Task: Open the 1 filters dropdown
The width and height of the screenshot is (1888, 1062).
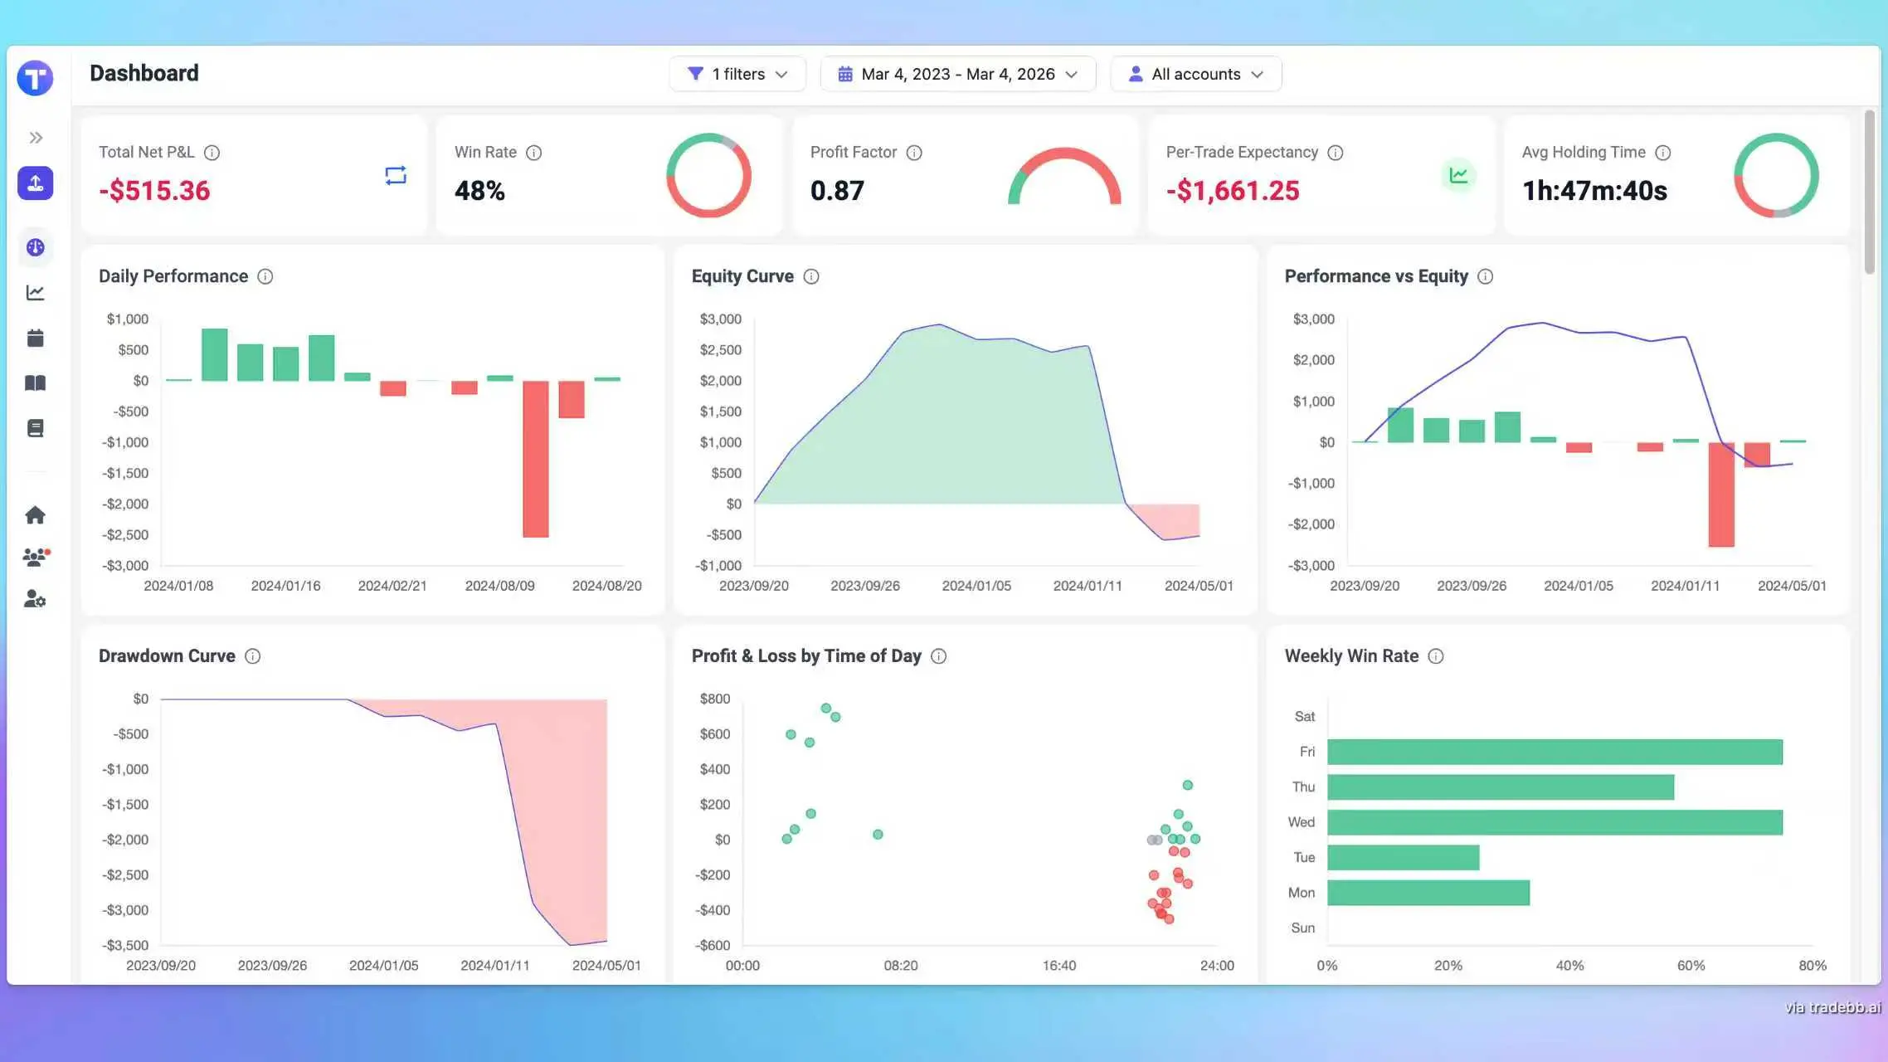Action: tap(737, 74)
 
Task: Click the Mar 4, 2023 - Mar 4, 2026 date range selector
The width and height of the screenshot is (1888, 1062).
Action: tap(957, 74)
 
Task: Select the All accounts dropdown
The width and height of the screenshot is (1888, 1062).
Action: tap(1195, 74)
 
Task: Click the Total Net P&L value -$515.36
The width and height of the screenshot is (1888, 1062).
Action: tap(154, 191)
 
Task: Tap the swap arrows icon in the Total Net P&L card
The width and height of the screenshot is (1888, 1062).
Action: tap(396, 175)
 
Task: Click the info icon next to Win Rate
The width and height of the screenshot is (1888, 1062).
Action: tap(534, 153)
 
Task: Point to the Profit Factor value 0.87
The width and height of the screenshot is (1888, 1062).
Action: tap(837, 191)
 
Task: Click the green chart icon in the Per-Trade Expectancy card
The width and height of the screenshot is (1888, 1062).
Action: tap(1458, 175)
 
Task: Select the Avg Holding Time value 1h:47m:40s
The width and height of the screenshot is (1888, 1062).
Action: tap(1594, 191)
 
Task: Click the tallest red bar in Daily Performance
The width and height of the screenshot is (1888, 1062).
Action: tap(535, 459)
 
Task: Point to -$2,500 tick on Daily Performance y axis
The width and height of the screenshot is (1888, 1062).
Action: tap(125, 535)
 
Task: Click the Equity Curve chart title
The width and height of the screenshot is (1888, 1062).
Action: tap(742, 276)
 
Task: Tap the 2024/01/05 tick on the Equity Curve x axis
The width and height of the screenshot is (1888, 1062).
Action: tap(976, 586)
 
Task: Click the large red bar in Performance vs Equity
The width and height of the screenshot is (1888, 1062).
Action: tap(1721, 494)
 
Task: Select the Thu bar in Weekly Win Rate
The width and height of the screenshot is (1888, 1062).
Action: tap(1500, 787)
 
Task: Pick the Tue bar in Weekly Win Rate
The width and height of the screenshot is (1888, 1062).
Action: tap(1403, 857)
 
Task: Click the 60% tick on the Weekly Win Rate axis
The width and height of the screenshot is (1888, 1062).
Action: tap(1691, 966)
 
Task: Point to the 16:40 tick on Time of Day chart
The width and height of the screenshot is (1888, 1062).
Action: tap(1059, 966)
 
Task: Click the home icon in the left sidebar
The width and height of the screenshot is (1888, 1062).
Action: tap(35, 515)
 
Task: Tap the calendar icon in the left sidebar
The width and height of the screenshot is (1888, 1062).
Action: tap(35, 338)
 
